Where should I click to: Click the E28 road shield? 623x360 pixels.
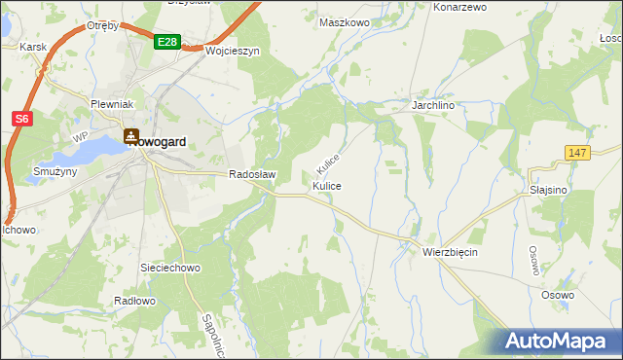pos(167,41)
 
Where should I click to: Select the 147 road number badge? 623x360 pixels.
pos(577,154)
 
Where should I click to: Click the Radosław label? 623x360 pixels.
pos(253,175)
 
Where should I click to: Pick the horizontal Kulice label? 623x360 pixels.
pos(327,185)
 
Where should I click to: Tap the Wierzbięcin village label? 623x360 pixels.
pos(450,251)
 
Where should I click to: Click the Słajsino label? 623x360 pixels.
pos(549,191)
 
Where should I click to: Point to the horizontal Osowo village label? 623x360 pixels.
pos(558,294)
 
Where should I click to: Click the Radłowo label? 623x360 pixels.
pos(134,302)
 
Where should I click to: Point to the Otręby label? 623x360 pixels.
pos(102,25)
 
